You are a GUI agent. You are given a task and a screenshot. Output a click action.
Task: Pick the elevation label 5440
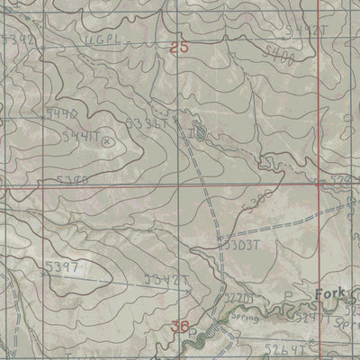pyautogui.click(x=60, y=114)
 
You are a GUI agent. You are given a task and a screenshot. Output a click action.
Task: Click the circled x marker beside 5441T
pyautogui.click(x=110, y=140)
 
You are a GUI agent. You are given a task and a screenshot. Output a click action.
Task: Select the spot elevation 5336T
pyautogui.click(x=146, y=123)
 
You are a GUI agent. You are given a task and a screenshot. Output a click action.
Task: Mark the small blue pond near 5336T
pyautogui.click(x=200, y=134)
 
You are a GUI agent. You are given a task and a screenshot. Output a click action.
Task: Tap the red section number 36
pyautogui.click(x=180, y=326)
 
